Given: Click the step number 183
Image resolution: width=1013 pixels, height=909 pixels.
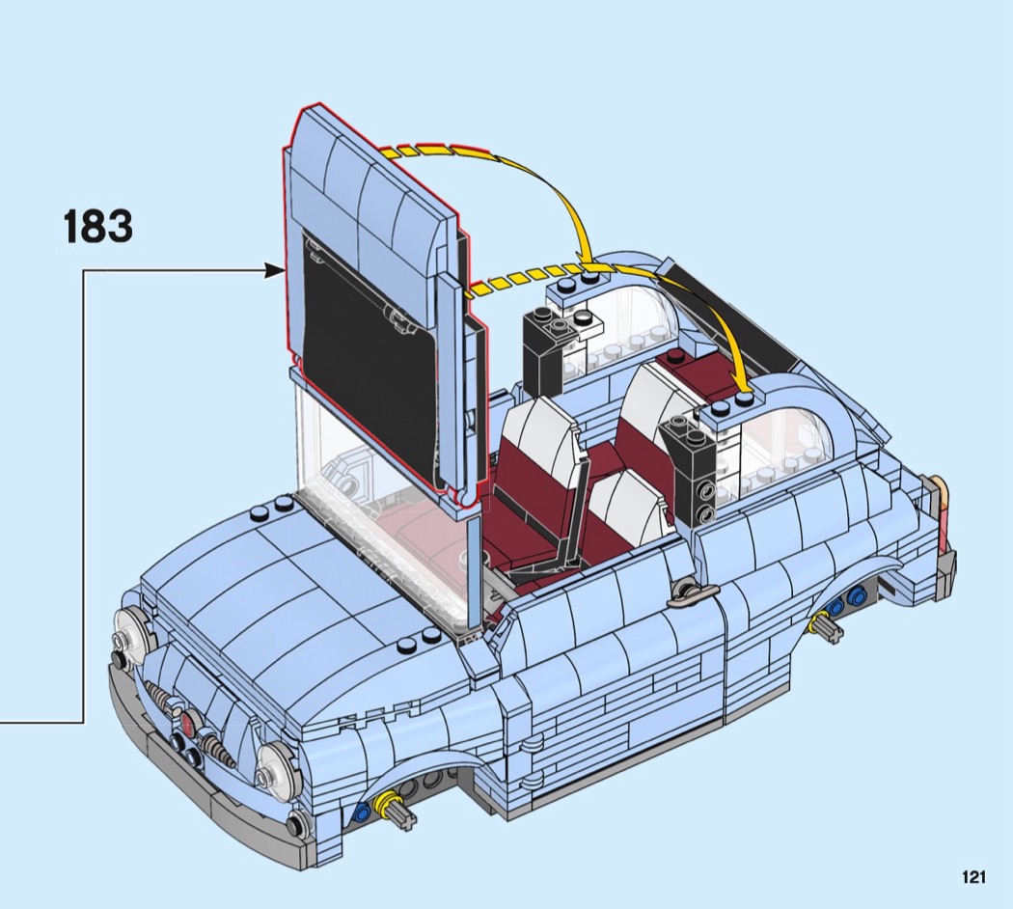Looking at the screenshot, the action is coord(98,226).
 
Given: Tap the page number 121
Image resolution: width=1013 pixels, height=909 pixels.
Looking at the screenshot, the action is coord(973,877).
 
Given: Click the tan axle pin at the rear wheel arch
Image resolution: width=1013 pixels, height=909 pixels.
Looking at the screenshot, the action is coord(826,625).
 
